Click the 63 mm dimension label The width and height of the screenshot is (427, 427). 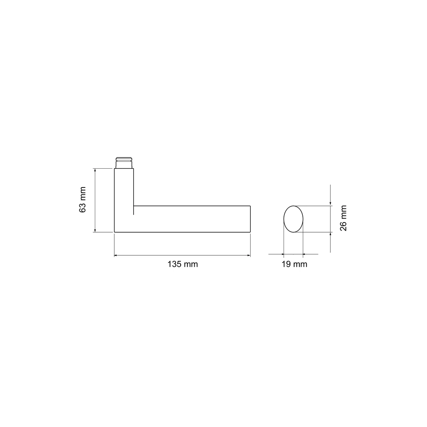point(82,199)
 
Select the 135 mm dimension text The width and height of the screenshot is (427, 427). point(182,264)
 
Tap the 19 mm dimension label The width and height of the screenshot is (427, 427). point(294,264)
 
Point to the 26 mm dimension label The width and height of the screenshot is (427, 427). point(343,218)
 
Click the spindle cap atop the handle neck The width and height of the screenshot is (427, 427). point(124,163)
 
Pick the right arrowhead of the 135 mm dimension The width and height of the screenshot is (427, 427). point(249,255)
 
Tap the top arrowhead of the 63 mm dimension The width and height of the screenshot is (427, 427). point(95,170)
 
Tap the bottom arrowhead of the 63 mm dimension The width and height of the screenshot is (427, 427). point(95,231)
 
